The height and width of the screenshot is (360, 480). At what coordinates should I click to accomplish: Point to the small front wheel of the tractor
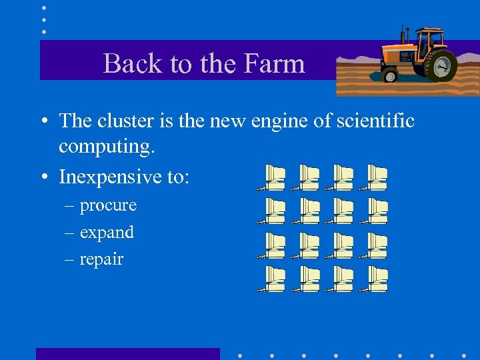click(x=389, y=75)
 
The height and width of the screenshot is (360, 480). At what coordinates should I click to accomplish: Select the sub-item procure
click(x=108, y=205)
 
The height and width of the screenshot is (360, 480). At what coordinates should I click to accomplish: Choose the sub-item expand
click(x=107, y=233)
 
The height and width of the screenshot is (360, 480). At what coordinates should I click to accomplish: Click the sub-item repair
click(x=101, y=259)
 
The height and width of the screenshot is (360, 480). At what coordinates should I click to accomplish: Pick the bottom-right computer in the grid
click(x=376, y=279)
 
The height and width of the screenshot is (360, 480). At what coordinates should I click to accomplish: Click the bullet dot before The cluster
click(x=43, y=121)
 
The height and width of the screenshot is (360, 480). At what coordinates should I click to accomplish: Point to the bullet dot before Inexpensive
click(x=43, y=177)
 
